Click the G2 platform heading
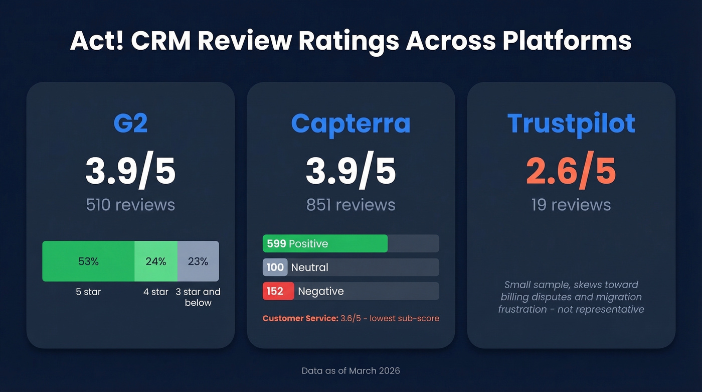[x=130, y=123]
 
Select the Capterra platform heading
[x=350, y=123]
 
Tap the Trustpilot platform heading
[x=571, y=123]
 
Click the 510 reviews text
[x=130, y=205]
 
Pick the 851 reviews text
[x=350, y=205]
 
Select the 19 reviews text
[x=571, y=205]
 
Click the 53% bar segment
[x=88, y=261]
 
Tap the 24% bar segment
[x=156, y=261]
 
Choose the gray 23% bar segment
[x=198, y=261]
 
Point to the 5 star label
[x=88, y=292]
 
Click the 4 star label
[x=156, y=292]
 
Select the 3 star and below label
[x=198, y=297]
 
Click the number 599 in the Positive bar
[x=276, y=243]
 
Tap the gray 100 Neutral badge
[x=275, y=267]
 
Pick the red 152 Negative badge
[x=278, y=291]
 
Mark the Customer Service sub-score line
[x=350, y=318]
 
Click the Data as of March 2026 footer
[x=350, y=371]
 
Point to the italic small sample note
[x=571, y=297]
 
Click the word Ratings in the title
[x=349, y=41]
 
